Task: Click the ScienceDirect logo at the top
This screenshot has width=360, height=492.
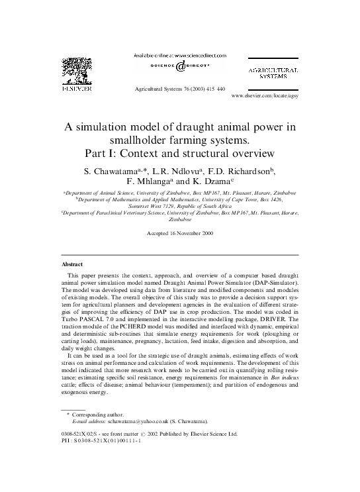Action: tap(180, 66)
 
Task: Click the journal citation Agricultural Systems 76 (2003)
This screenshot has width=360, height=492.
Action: tap(179, 88)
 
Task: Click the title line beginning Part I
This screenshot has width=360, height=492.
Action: tap(179, 154)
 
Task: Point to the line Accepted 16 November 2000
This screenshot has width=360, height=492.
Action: tap(179, 234)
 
